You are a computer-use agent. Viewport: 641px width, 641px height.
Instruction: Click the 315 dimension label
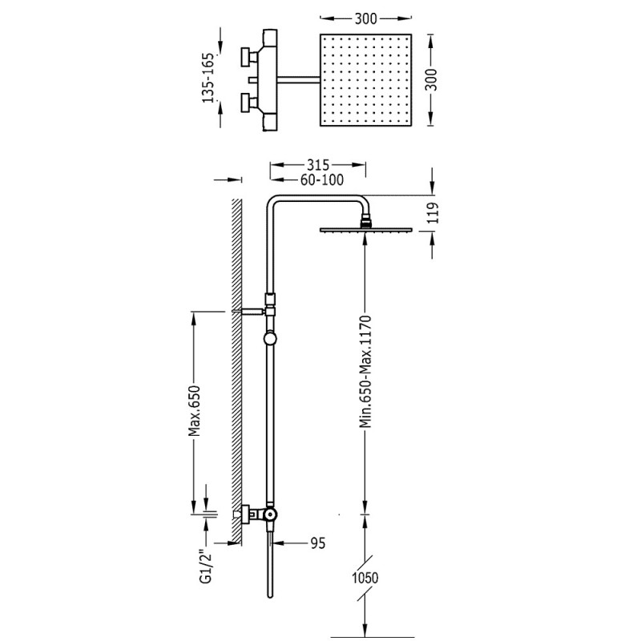coord(317,165)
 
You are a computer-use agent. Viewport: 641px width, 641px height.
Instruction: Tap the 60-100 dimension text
coord(322,179)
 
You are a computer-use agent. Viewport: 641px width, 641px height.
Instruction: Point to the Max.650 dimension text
coord(196,410)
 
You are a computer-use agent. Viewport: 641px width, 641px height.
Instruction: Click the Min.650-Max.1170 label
coord(365,371)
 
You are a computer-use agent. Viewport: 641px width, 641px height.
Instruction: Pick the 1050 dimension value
coord(365,578)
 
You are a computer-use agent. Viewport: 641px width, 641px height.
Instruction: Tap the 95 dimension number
coord(318,543)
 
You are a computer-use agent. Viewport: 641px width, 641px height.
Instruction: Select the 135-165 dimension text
coord(208,78)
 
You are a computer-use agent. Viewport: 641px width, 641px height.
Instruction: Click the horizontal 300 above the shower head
coord(366,18)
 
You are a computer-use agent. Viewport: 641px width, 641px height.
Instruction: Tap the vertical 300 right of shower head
coord(433,80)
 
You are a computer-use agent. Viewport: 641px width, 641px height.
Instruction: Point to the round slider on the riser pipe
coord(270,338)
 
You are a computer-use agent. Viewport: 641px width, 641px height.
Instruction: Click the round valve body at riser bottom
coord(270,514)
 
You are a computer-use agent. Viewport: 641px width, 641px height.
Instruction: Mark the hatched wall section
coord(237,371)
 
